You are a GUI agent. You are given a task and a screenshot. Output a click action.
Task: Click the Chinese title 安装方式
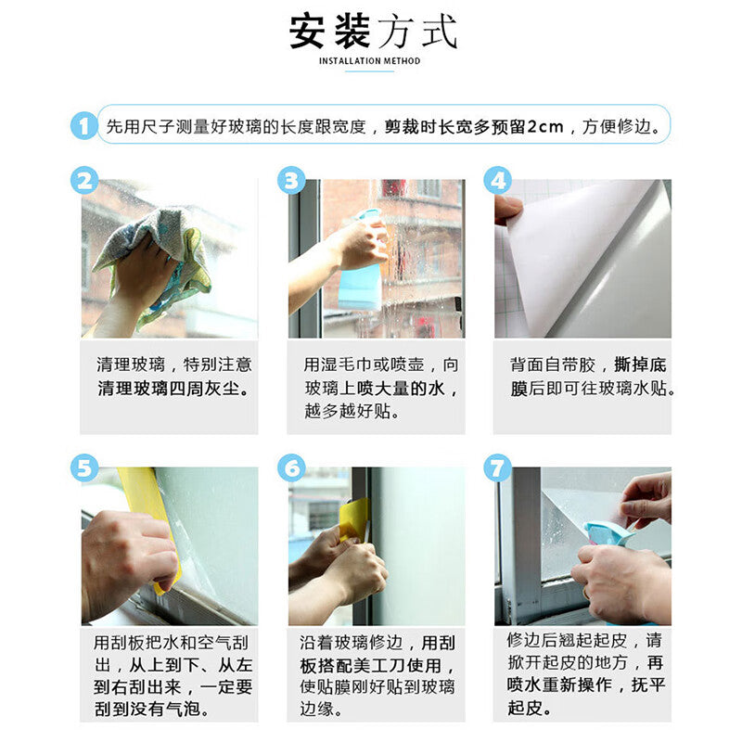(x=373, y=32)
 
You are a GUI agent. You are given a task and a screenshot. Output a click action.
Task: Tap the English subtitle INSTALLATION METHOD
(x=369, y=61)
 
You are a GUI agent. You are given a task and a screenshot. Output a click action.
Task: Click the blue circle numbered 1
(x=84, y=126)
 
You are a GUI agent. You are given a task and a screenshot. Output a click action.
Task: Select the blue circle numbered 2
(x=84, y=180)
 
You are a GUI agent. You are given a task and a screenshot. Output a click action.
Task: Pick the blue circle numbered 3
(x=291, y=180)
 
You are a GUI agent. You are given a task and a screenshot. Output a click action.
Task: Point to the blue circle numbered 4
(x=498, y=180)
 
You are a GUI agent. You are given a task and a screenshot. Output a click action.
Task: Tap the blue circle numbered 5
(x=84, y=468)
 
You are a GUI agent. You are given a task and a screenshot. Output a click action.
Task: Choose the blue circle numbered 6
(x=291, y=468)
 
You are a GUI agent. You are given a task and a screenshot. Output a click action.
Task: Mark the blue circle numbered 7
(x=498, y=468)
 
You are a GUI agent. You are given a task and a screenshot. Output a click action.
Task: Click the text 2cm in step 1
(x=545, y=127)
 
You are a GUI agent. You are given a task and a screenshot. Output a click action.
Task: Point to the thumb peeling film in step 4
(x=507, y=211)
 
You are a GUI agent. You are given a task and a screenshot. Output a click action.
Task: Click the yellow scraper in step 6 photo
(x=354, y=519)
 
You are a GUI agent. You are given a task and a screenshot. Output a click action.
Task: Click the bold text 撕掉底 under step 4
(x=640, y=365)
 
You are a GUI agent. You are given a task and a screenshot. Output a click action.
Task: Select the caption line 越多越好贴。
(x=352, y=411)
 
